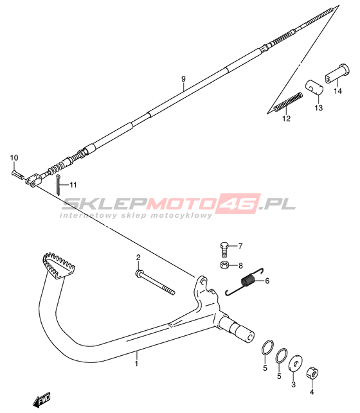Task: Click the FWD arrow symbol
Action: tap(41, 400)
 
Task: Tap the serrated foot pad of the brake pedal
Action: tap(59, 265)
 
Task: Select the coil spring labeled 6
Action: tap(244, 281)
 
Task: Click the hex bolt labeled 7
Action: tap(224, 249)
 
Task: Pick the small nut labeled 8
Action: tap(224, 265)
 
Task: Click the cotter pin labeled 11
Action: tap(58, 184)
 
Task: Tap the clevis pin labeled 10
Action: tap(17, 175)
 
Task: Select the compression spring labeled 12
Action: tap(288, 101)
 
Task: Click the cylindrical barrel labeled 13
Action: tap(314, 86)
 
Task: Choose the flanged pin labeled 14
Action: tap(337, 73)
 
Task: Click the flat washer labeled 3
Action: tap(296, 364)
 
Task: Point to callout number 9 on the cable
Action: tap(183, 78)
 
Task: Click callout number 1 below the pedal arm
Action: tap(136, 364)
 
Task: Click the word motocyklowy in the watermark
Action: tap(181, 215)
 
